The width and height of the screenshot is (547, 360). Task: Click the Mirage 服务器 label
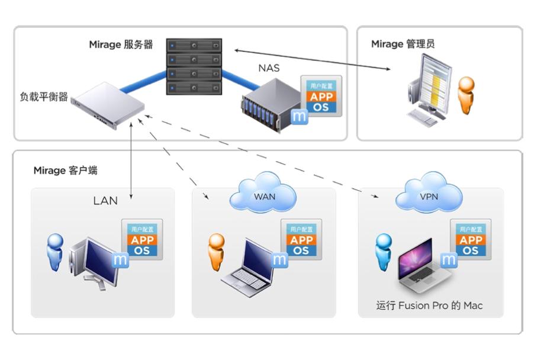point(121,44)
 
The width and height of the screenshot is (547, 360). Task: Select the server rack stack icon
point(194,67)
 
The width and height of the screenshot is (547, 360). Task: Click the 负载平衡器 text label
point(44,95)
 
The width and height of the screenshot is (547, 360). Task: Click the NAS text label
point(269,68)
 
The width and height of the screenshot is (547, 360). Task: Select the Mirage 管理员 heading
point(403,44)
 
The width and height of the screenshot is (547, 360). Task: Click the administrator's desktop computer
point(429,89)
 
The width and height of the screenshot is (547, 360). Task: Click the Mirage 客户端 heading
point(65,171)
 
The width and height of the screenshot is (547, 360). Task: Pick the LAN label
point(105,201)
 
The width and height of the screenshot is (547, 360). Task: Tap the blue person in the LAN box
point(55,252)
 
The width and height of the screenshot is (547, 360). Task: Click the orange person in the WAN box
point(216,252)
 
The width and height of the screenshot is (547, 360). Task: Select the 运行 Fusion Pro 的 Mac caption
point(429,306)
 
